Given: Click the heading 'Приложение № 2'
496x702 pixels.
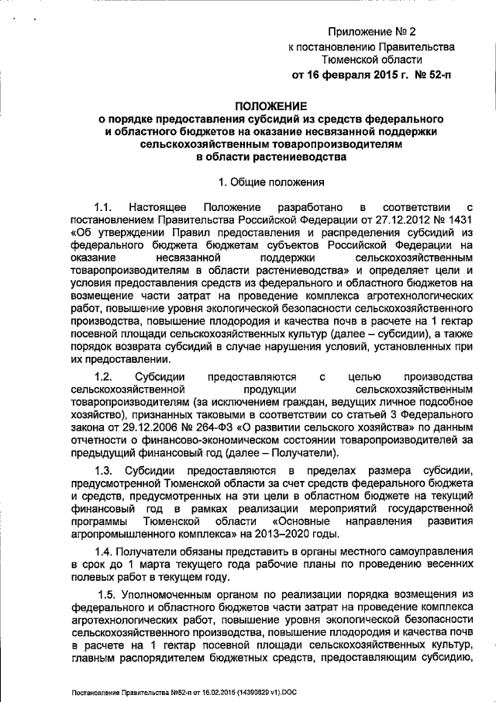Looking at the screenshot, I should tap(372, 31).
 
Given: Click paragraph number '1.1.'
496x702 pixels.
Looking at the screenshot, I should tap(105, 207).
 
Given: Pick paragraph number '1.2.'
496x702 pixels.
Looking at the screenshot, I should tap(105, 376).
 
